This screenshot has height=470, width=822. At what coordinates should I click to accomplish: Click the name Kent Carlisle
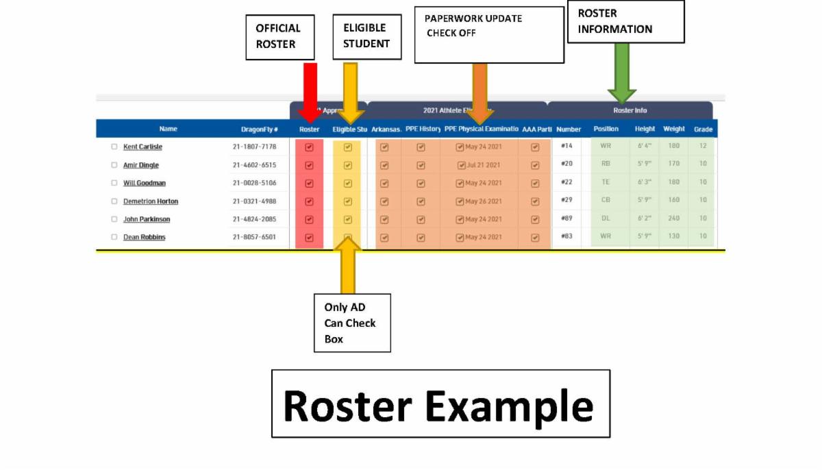[142, 147]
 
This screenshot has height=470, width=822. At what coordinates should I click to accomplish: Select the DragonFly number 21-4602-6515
[254, 165]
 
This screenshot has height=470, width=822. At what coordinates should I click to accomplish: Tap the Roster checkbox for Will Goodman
[309, 183]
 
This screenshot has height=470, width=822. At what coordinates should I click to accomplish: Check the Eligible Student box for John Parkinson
[347, 219]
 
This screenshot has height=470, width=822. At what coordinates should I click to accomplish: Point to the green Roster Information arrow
[621, 72]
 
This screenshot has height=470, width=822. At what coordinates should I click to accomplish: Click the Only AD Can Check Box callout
[352, 323]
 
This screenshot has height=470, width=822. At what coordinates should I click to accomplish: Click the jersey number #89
[566, 219]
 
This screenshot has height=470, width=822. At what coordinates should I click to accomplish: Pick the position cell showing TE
[606, 182]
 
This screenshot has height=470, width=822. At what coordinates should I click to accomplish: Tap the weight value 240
[674, 219]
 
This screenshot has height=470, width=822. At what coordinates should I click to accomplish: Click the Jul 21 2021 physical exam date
[480, 165]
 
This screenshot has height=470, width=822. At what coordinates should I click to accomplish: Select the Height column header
[645, 129]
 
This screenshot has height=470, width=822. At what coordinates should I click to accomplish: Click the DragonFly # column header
[259, 129]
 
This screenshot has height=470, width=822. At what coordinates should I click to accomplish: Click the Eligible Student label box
[366, 36]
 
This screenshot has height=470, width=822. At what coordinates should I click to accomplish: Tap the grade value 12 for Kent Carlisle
[703, 146]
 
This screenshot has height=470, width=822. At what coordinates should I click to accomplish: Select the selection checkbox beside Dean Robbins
[114, 237]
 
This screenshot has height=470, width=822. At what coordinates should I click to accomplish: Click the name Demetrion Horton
[151, 201]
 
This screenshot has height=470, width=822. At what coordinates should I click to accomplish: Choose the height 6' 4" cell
[644, 146]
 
